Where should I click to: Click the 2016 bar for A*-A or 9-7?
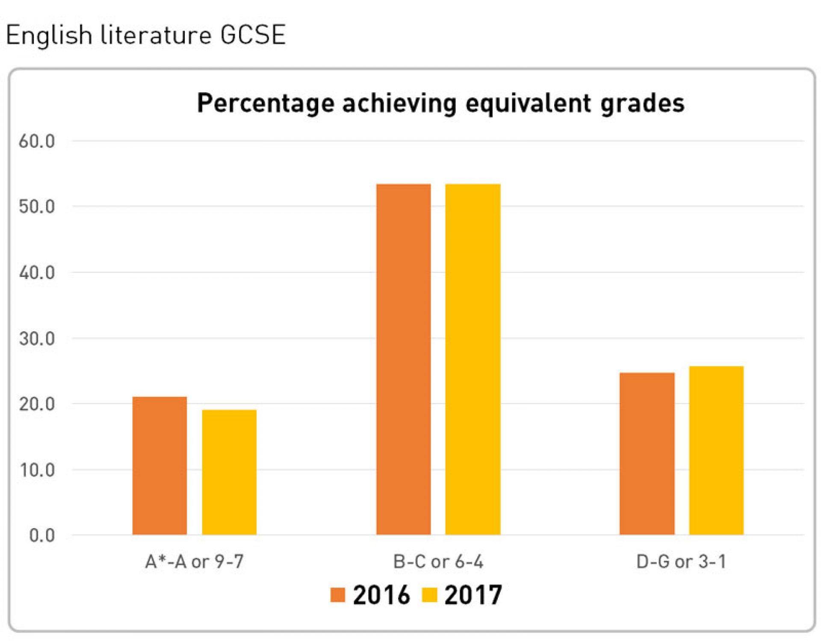coord(159,466)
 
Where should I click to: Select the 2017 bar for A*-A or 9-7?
coord(229,472)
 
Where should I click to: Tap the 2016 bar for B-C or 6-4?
coord(403,359)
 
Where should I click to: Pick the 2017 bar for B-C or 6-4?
coord(473,359)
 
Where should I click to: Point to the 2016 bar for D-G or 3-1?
coord(647,453)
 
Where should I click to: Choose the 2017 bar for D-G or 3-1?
coord(716,450)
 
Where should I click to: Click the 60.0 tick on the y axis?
coord(37,141)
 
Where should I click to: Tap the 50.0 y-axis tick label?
coord(37,207)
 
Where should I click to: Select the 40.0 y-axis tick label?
coord(37,273)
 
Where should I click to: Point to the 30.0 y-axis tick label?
coord(37,339)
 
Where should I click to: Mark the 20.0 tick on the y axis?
coord(37,404)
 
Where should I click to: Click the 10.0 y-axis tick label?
coord(37,470)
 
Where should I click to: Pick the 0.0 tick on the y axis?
coord(42,536)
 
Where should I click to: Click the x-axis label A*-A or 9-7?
coord(195,562)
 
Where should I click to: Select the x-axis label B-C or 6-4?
coord(438,562)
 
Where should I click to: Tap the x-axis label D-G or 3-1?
coord(682,562)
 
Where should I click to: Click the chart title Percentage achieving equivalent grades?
coord(440,103)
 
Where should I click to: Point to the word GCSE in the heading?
coord(253,35)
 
